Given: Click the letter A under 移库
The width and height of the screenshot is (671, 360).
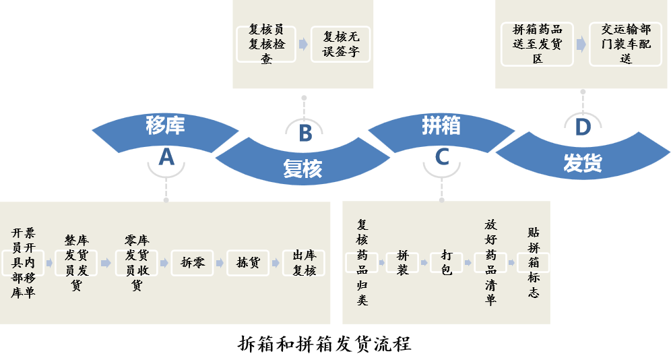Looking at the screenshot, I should [x=166, y=157].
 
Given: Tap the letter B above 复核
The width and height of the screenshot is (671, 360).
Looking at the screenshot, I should [x=305, y=133].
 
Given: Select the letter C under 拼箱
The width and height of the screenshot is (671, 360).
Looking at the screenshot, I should [x=442, y=157].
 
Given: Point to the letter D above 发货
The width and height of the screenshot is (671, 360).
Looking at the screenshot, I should [x=582, y=127].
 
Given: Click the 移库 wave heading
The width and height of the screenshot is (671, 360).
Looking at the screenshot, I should [x=165, y=126].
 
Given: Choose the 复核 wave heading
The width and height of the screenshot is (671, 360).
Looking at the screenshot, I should [x=302, y=169].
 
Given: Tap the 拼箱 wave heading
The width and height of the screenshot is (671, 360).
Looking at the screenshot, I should [x=441, y=125].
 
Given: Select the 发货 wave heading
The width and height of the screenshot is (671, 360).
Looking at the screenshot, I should [x=582, y=163].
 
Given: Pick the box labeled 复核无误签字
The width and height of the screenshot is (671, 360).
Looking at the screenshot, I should [x=341, y=44].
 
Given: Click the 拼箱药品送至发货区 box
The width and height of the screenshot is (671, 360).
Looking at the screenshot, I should [x=537, y=44].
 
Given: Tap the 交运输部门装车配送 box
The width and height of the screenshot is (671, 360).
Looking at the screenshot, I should [x=626, y=44].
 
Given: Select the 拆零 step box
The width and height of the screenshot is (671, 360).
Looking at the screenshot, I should [x=193, y=263].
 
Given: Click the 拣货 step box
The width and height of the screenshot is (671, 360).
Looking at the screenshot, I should [x=248, y=263].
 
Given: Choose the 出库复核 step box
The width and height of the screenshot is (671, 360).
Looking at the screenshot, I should [x=304, y=263].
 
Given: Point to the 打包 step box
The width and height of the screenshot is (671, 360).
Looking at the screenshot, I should [x=446, y=262].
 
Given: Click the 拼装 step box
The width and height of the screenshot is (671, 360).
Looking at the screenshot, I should [x=402, y=262].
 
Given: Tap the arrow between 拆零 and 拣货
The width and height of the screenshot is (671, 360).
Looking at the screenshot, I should [x=220, y=263].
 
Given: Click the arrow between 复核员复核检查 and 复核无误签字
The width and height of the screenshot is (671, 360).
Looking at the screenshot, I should [x=303, y=44].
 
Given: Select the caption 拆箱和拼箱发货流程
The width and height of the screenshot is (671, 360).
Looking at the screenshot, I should [x=325, y=344].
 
